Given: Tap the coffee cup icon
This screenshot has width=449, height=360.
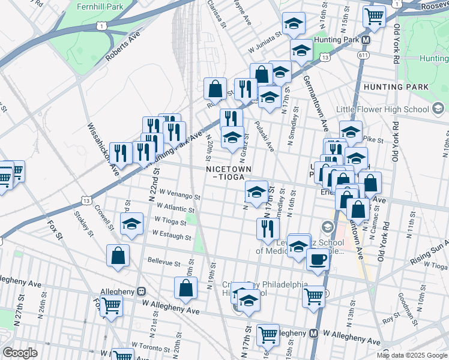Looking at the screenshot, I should (318, 259).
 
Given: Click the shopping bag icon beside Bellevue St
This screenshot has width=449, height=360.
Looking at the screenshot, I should (118, 255).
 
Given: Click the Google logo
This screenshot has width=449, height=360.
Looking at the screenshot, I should (20, 353).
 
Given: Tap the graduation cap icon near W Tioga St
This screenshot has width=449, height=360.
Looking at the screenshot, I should (131, 224).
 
